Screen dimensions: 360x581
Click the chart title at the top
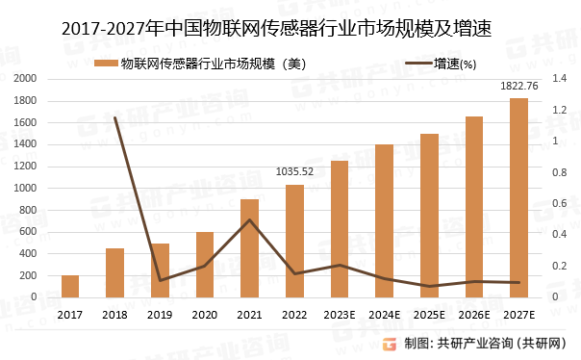point(276,29)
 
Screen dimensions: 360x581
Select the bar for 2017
point(70,286)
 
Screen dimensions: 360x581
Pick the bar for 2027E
point(518,197)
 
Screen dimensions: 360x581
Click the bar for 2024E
point(384,220)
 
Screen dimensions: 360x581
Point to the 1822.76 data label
point(519,87)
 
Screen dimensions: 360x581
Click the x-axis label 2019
point(160,314)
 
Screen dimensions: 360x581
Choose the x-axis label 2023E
point(340,314)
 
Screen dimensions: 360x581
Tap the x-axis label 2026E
point(474,314)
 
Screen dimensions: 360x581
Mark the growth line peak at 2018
point(115,118)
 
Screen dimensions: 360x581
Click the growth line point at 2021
point(249,220)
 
